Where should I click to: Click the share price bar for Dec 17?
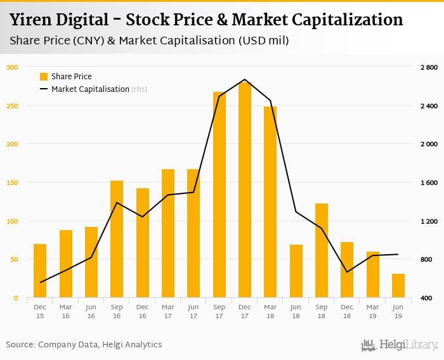point(245,190)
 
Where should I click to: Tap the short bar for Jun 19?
point(398,286)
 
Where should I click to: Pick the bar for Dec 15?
point(40,271)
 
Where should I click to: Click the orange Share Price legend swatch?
point(44,77)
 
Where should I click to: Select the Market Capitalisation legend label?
point(90,89)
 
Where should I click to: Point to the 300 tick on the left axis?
point(13,67)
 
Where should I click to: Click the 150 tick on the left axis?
point(13,183)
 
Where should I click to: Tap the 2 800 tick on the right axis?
point(429,67)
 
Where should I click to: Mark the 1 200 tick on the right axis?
point(429,221)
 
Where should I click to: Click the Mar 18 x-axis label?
point(270,311)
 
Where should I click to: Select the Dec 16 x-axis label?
point(143,311)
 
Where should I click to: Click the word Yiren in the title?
point(32,20)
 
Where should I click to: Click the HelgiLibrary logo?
point(400,345)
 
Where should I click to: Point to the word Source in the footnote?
point(20,345)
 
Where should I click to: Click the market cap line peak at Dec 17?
point(245,80)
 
